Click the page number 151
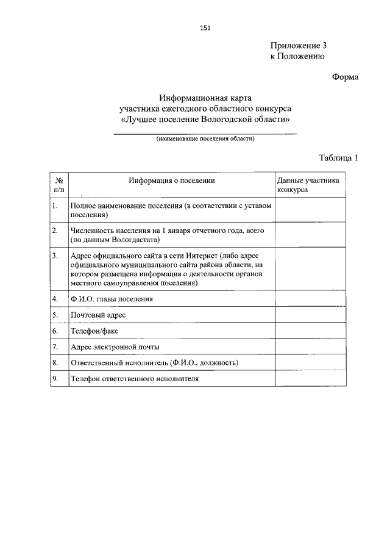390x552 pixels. [x=205, y=27]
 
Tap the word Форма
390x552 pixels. [x=345, y=77]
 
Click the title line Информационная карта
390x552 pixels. [x=205, y=98]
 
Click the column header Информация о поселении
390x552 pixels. [x=172, y=181]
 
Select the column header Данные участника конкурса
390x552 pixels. [x=308, y=185]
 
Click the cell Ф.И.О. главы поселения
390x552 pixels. [x=112, y=299]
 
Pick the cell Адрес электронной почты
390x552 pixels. [x=115, y=346]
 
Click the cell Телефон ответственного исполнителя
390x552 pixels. [x=135, y=378]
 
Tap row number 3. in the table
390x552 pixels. [x=55, y=255]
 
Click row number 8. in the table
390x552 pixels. [x=55, y=362]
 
